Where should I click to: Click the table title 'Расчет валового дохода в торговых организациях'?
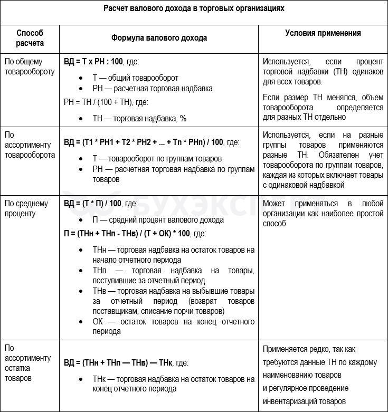[x=194, y=9]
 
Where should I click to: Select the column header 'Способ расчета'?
[x=30, y=38]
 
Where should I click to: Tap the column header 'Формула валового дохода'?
[x=159, y=38]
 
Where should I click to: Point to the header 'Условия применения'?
[x=323, y=33]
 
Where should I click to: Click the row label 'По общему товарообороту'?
[x=30, y=66]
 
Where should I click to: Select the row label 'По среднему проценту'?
[x=26, y=208]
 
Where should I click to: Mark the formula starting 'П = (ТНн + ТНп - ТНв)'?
[x=135, y=233]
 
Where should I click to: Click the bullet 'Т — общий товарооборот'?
[x=135, y=78]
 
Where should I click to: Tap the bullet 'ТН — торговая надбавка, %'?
[x=139, y=119]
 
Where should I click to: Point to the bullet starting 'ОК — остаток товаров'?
[x=173, y=327]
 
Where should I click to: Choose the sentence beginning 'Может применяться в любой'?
[x=323, y=213]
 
